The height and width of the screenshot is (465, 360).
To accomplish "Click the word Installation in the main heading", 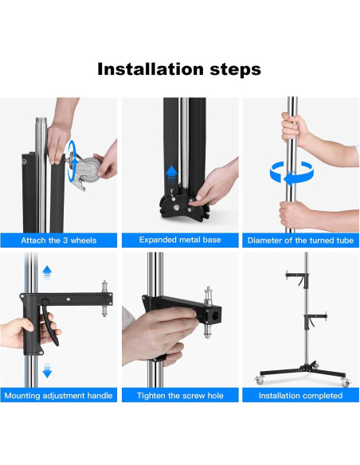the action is pyautogui.click(x=151, y=69).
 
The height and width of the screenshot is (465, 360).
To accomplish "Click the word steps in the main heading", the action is pyautogui.click(x=236, y=70).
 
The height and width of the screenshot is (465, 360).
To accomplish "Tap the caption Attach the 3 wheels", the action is pyautogui.click(x=59, y=240).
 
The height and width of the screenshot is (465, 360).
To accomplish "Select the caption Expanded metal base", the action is pyautogui.click(x=180, y=240).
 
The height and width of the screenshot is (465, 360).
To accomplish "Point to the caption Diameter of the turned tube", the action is pyautogui.click(x=300, y=240).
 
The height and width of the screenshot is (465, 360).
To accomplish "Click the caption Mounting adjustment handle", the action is pyautogui.click(x=58, y=396).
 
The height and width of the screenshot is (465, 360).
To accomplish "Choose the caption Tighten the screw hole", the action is pyautogui.click(x=180, y=396).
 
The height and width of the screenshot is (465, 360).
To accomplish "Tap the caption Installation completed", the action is pyautogui.click(x=300, y=396).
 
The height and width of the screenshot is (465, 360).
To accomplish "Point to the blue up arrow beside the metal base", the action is pyautogui.click(x=171, y=174).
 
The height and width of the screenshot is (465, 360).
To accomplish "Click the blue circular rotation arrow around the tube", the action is pyautogui.click(x=292, y=174).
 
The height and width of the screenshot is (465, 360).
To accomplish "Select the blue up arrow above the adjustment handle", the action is pyautogui.click(x=47, y=272).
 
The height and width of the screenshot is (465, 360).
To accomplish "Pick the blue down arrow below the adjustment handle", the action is pyautogui.click(x=47, y=370).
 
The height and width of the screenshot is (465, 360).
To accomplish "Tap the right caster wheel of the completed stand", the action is pyautogui.click(x=345, y=382).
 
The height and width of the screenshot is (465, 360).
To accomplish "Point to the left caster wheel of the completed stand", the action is pyautogui.click(x=259, y=380).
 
